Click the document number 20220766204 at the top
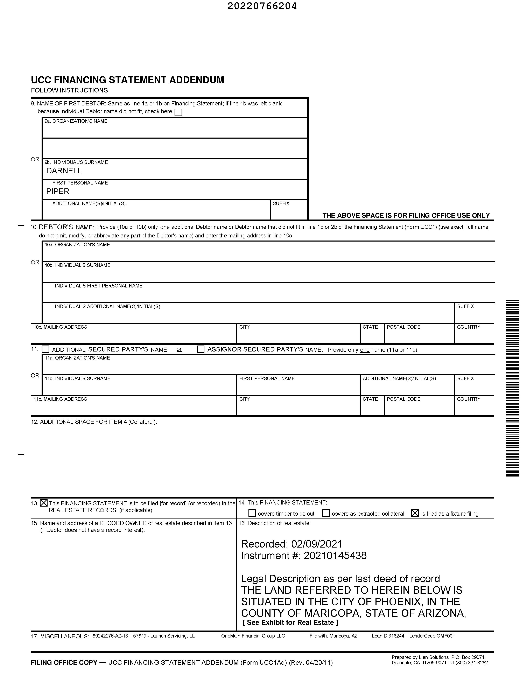click(x=262, y=6)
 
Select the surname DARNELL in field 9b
click(x=64, y=171)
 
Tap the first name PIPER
click(x=58, y=192)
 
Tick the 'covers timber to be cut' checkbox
click(x=252, y=513)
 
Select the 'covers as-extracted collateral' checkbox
click(x=326, y=513)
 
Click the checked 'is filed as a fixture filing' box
click(x=415, y=513)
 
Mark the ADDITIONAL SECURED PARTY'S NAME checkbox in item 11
click(x=45, y=349)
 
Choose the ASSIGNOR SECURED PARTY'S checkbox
click(x=201, y=349)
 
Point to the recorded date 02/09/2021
click(x=317, y=544)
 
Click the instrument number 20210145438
click(x=335, y=556)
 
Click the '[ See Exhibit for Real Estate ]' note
click(x=290, y=622)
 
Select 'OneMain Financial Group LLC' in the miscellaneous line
click(x=253, y=636)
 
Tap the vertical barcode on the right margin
click(x=512, y=389)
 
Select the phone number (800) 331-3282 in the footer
click(x=470, y=663)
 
